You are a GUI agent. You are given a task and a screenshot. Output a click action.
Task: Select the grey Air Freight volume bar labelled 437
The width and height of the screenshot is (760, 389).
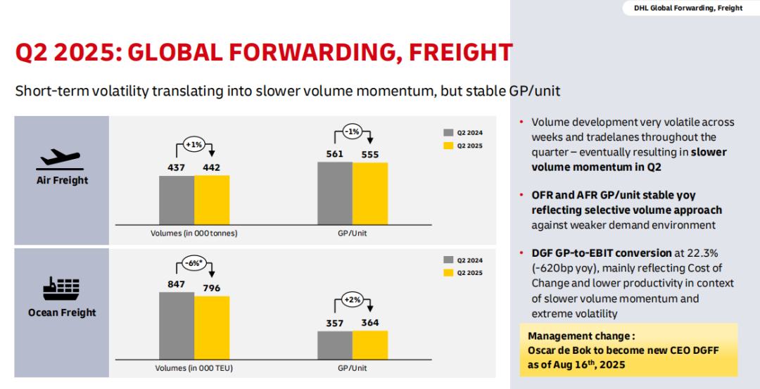pyautogui.click(x=177, y=200)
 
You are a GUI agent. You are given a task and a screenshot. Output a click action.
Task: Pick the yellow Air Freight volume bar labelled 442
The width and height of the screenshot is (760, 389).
pyautogui.click(x=212, y=200)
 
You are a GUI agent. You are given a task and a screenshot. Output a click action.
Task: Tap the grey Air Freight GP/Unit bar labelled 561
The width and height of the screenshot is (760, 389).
pyautogui.click(x=335, y=193)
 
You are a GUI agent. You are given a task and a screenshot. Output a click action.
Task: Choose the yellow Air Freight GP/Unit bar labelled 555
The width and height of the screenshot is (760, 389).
pyautogui.click(x=370, y=193)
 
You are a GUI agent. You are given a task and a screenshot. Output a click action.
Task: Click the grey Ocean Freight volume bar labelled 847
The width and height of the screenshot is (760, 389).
pyautogui.click(x=177, y=326)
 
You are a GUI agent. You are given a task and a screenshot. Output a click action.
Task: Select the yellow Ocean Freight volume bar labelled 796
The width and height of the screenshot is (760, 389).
pyautogui.click(x=212, y=328)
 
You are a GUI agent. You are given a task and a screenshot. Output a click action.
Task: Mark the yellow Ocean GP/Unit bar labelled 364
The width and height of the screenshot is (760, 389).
pyautogui.click(x=370, y=345)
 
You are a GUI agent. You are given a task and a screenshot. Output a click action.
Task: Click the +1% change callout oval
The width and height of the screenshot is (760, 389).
pyautogui.click(x=194, y=144)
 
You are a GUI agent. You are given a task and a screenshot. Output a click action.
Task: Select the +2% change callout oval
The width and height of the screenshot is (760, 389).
pyautogui.click(x=353, y=300)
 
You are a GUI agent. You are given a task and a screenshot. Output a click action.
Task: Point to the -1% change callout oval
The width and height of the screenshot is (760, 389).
pyautogui.click(x=353, y=131)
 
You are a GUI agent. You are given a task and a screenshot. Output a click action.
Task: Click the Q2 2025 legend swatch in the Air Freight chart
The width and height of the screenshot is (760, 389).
pyautogui.click(x=448, y=146)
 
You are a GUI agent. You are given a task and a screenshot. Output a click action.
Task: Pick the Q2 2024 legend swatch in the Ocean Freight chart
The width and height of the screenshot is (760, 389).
pyautogui.click(x=448, y=260)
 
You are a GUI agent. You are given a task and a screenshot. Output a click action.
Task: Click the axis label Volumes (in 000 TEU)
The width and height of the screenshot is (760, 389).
pyautogui.click(x=194, y=368)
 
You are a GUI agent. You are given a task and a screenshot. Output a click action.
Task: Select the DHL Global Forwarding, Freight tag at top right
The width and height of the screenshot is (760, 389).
pyautogui.click(x=688, y=8)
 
